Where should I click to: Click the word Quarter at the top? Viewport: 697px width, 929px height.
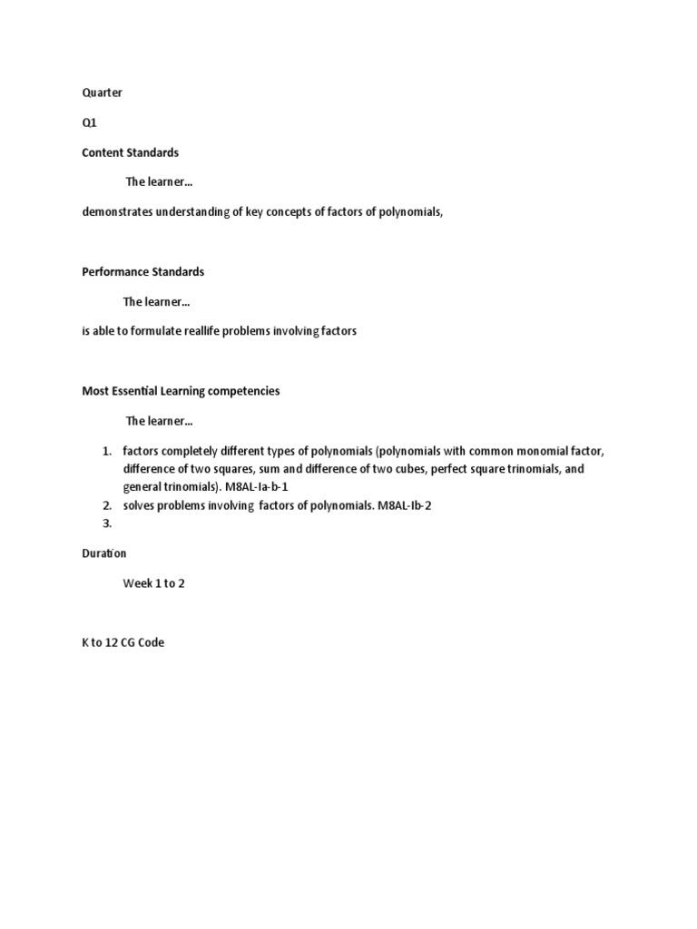point(102,93)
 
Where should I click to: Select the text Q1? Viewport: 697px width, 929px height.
point(89,122)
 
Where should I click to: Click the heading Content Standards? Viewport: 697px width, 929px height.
point(130,152)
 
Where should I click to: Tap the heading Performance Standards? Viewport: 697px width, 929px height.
point(142,271)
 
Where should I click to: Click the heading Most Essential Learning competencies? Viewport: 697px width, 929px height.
point(181,391)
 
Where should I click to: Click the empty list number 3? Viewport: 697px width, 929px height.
point(106,523)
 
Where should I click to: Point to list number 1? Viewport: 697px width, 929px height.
point(106,451)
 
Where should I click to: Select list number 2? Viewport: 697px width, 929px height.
point(106,505)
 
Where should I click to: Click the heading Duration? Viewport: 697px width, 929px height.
point(104,553)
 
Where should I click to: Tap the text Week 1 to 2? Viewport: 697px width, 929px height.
point(153,583)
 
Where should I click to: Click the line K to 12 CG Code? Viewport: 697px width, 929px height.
point(123,643)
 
